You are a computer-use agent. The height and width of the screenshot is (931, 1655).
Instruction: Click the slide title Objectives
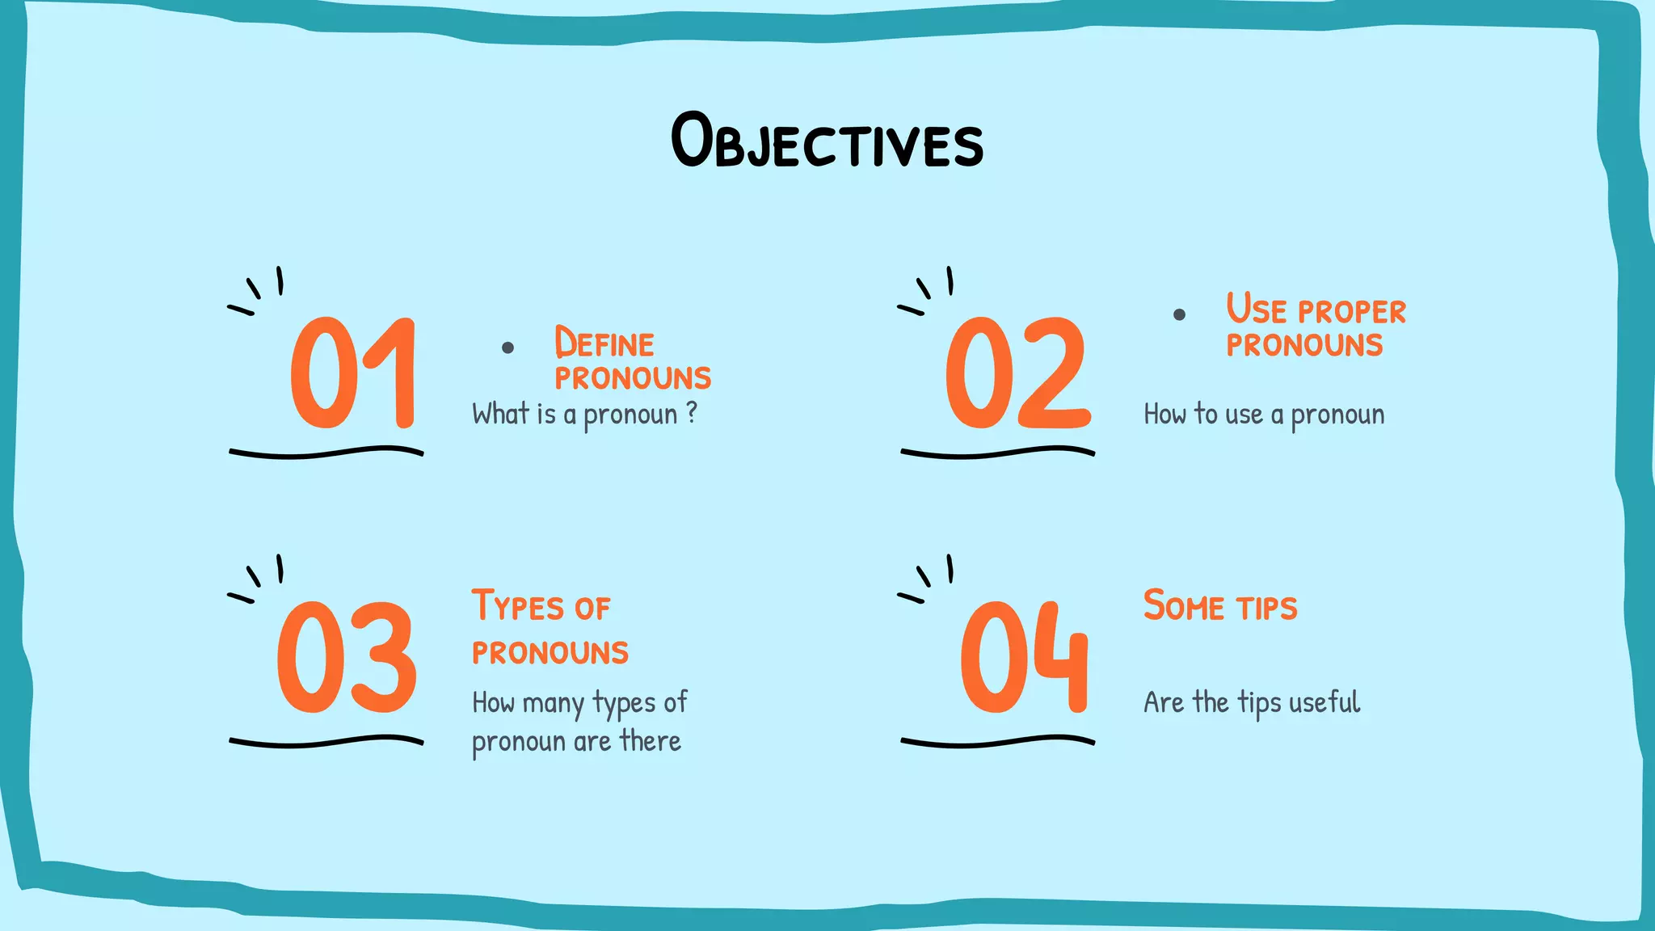tap(827, 141)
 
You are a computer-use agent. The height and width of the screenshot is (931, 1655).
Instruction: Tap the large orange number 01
tap(354, 373)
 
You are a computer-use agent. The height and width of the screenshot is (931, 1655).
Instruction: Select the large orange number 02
tap(1017, 373)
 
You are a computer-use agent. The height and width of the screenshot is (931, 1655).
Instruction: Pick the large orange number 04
tap(1025, 658)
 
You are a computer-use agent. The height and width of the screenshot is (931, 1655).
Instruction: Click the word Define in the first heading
tap(604, 343)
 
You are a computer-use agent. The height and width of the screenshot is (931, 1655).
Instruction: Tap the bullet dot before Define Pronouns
tap(507, 348)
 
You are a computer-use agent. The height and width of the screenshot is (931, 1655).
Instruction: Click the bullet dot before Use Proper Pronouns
tap(1179, 314)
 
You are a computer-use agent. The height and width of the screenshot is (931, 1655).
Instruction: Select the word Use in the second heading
tap(1256, 309)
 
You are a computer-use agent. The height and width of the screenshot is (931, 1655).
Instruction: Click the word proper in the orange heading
tap(1352, 312)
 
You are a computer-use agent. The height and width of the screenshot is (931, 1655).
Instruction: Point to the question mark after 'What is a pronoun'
tap(691, 412)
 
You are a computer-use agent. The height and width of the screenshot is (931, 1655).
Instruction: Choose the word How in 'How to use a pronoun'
tap(1164, 415)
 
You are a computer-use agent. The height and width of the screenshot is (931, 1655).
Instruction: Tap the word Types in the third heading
tap(518, 606)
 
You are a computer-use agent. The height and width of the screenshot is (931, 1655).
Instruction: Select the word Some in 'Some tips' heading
tap(1184, 606)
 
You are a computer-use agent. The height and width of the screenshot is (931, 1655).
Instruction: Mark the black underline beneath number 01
tap(326, 453)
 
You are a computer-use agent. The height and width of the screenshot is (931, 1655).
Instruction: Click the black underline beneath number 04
tap(997, 741)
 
